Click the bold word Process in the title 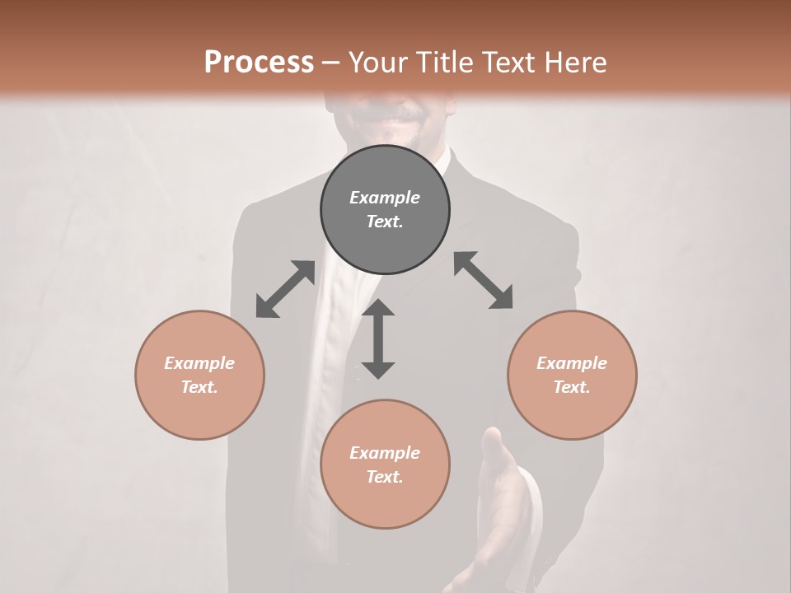click(259, 62)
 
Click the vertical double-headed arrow click(378, 339)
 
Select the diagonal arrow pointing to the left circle click(285, 289)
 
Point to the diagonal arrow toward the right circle click(483, 281)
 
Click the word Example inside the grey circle click(385, 198)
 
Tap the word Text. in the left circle click(199, 387)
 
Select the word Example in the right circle click(572, 363)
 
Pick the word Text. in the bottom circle click(385, 477)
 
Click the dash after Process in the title click(331, 62)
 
